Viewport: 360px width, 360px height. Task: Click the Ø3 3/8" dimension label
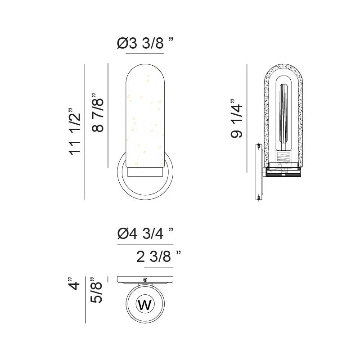click(145, 44)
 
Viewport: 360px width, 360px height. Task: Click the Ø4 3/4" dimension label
click(145, 234)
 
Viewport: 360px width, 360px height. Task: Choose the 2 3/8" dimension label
click(158, 257)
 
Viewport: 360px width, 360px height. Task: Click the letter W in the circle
click(145, 305)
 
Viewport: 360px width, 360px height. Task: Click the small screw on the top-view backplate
click(145, 279)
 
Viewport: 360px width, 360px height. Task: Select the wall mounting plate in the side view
click(259, 172)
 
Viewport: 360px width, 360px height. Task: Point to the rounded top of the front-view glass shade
click(145, 74)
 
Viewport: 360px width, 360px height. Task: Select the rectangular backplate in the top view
click(145, 279)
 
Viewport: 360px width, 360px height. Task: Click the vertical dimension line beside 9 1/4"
click(247, 118)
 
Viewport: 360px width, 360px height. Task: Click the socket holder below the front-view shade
click(145, 172)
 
